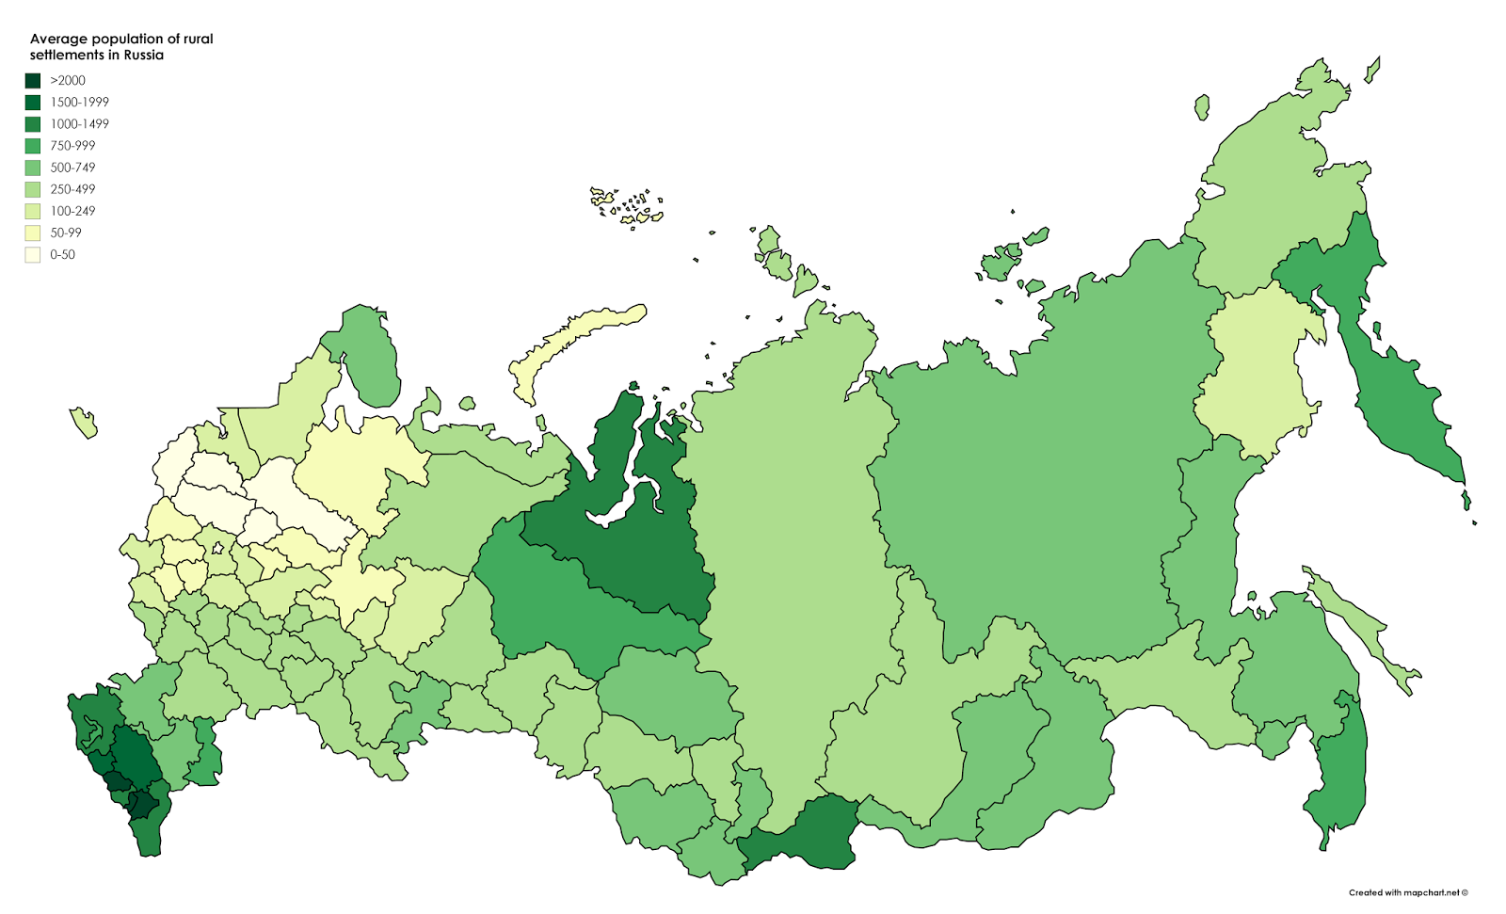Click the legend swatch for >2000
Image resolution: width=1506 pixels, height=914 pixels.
(x=33, y=81)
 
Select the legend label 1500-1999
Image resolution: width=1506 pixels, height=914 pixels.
(x=79, y=103)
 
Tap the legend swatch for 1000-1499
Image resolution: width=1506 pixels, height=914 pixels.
(x=33, y=124)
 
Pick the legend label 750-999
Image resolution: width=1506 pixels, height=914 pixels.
(x=72, y=146)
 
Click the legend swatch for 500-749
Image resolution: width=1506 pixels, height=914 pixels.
(x=33, y=168)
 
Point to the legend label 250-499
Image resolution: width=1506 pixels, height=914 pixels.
(x=72, y=189)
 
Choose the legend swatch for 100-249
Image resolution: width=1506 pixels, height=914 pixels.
(x=33, y=211)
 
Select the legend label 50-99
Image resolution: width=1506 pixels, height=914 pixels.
(x=66, y=233)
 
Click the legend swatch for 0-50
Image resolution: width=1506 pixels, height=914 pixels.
(x=33, y=254)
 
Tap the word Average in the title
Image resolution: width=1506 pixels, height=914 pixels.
(x=57, y=39)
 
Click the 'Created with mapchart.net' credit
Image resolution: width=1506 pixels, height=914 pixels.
(x=1407, y=892)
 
